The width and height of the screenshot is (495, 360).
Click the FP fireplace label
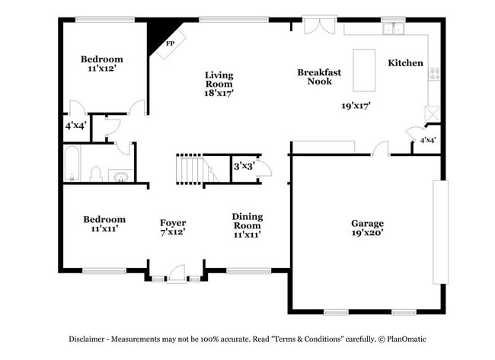coord(171,43)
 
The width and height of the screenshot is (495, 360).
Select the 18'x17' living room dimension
coord(219,93)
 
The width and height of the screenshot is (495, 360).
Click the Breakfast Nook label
coord(319,76)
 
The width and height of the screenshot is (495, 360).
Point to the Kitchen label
coord(405,62)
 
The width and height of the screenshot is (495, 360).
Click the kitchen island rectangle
coord(364,71)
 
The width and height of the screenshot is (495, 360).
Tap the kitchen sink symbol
coord(394,29)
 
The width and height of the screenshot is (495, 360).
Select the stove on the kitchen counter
coord(434,74)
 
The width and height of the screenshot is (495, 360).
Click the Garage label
coord(367,223)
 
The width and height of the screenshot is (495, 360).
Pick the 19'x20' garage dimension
coord(367,233)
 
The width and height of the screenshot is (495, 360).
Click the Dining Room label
coord(247,221)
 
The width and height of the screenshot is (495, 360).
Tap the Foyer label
coord(173,222)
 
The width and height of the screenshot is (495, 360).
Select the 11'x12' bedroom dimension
coord(102,68)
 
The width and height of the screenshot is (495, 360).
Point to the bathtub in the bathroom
coord(72,164)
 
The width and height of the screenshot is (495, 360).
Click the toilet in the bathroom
coord(96,174)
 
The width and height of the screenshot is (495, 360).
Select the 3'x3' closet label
coord(244,165)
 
